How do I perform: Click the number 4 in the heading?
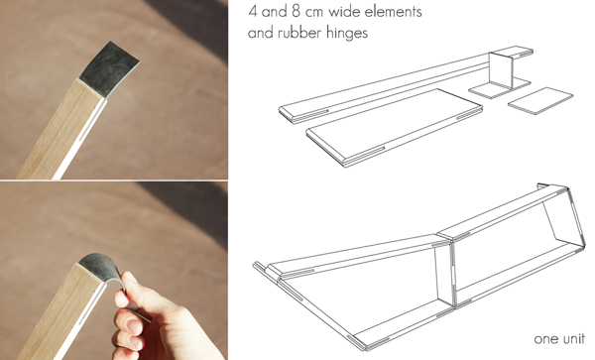[x=252, y=11]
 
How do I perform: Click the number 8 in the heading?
[x=296, y=11]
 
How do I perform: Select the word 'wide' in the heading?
[x=344, y=11]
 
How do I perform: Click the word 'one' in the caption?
[x=543, y=339]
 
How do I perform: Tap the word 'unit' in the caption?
[x=571, y=338]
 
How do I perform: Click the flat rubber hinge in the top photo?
[x=108, y=69]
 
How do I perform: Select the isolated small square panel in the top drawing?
[x=540, y=100]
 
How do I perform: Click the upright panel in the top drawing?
[x=501, y=69]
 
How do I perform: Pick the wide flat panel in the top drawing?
[x=395, y=127]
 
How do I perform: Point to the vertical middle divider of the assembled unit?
[x=444, y=273]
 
